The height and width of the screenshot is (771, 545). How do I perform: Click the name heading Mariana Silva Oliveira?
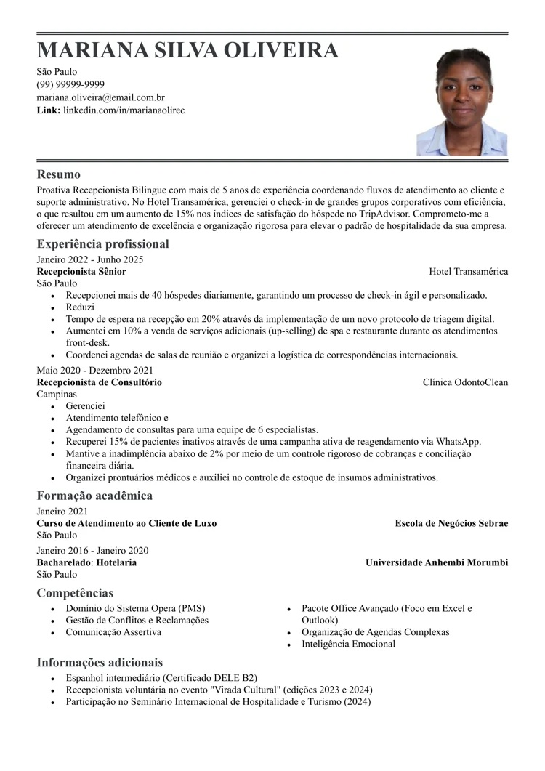[187, 50]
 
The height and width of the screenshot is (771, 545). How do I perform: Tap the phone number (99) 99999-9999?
[70, 84]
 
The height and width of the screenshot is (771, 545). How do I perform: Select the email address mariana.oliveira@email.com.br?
[101, 97]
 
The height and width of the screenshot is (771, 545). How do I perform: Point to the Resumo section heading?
[59, 174]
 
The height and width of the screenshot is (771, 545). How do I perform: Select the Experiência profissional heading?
[102, 244]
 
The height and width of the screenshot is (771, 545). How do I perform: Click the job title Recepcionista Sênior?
[81, 271]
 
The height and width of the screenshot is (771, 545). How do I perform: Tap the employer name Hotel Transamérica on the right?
[468, 271]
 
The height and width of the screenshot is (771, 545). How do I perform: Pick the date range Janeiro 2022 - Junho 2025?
[90, 259]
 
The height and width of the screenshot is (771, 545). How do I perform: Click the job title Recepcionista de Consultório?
[100, 382]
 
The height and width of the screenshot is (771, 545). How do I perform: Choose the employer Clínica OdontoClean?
[465, 382]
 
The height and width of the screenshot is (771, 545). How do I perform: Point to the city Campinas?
[57, 394]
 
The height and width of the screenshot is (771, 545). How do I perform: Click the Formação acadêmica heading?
[94, 496]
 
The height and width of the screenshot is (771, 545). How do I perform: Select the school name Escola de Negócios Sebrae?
[451, 523]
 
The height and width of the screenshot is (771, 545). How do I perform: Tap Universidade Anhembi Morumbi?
[437, 562]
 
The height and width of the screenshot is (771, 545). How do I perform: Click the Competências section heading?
[75, 593]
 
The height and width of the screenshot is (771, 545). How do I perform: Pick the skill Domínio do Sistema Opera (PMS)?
[135, 608]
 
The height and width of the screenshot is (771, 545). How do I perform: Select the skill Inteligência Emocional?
[348, 644]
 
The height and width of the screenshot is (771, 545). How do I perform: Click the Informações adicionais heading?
[100, 663]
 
